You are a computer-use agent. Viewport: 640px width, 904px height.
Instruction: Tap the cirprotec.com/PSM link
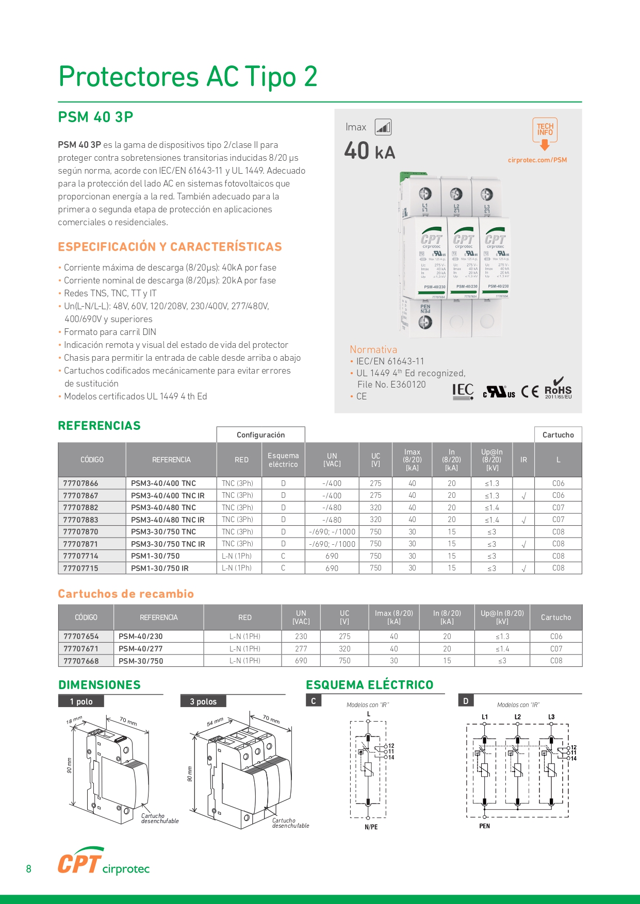[537, 160]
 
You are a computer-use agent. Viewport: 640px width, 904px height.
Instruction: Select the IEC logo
[463, 391]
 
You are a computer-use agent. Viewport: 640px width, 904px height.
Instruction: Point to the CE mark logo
[530, 392]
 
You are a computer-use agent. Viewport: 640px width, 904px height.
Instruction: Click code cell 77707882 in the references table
[81, 508]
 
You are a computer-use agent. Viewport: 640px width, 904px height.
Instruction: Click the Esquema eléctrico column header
[283, 460]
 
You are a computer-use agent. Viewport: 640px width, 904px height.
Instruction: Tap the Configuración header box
[260, 435]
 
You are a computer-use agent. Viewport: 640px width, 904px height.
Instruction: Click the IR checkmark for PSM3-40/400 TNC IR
[523, 496]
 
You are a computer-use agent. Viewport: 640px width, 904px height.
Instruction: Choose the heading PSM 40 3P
[95, 118]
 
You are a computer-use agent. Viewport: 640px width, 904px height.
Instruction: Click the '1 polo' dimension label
[81, 701]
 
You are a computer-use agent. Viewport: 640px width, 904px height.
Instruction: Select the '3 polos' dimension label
[203, 701]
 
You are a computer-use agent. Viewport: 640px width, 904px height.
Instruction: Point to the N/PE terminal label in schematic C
[371, 827]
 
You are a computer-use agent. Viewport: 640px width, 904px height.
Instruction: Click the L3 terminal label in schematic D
[551, 717]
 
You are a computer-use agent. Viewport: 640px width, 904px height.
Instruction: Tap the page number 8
[28, 869]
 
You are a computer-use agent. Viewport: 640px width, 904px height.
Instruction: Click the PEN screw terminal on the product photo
[425, 322]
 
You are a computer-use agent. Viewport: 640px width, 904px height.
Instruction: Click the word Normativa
[373, 349]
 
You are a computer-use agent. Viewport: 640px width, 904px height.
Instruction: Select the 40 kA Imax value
[369, 152]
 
